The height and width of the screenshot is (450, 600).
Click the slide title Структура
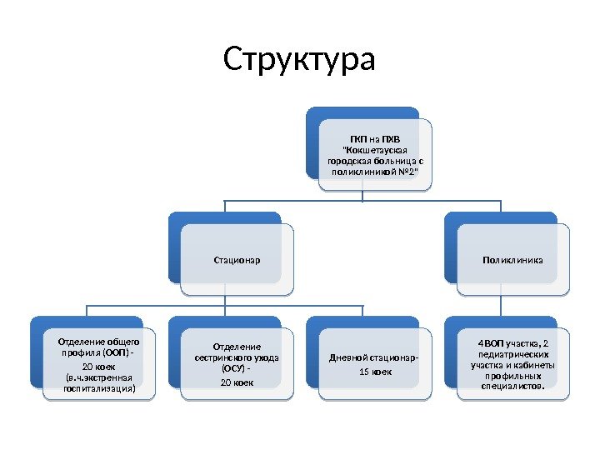click(300, 60)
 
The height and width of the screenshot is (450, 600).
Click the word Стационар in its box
click(237, 261)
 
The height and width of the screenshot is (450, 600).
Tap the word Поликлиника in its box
click(512, 261)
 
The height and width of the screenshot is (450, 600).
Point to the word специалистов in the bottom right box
click(512, 386)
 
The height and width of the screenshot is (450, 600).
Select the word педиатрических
click(512, 353)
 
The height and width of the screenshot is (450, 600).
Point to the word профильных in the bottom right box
click(512, 375)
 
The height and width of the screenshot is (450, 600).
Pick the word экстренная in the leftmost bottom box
click(106, 377)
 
